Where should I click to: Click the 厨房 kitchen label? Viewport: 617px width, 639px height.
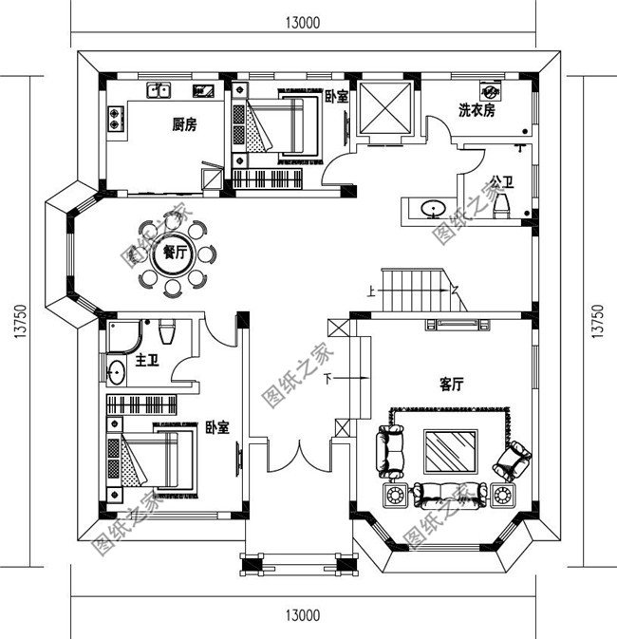tap(184, 123)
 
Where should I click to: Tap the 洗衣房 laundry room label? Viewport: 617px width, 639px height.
tap(477, 111)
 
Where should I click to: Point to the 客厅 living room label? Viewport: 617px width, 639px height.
tap(451, 385)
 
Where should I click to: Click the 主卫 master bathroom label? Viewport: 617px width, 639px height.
tap(146, 361)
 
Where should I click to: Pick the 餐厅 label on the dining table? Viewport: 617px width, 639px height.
tap(174, 253)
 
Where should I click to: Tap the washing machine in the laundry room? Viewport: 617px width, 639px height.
tap(492, 91)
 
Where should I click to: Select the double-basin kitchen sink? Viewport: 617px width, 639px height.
tap(159, 91)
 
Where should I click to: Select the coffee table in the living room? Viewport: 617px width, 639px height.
tap(450, 450)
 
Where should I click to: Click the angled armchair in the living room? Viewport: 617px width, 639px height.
tap(515, 460)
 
